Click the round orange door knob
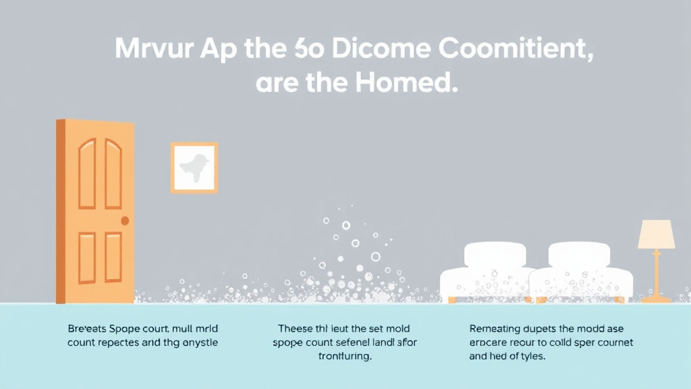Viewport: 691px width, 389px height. click(x=125, y=221)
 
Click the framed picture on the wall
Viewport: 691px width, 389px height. click(x=194, y=167)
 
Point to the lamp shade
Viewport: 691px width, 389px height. click(x=656, y=234)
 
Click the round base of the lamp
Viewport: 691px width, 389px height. click(x=656, y=298)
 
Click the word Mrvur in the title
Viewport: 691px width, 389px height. click(x=151, y=51)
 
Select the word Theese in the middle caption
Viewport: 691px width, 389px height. click(x=298, y=329)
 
